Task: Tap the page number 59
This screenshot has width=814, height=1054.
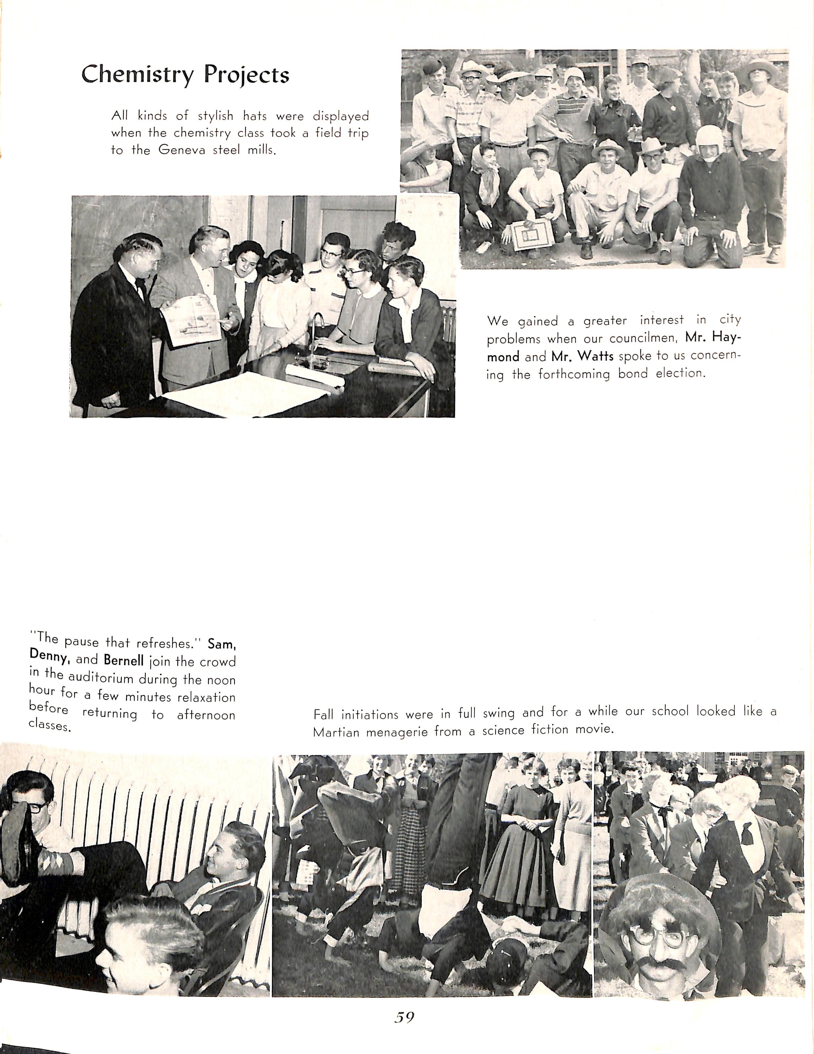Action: pos(404,1017)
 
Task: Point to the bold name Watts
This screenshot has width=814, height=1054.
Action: pos(582,356)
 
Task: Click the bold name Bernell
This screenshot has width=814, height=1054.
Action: pos(124,660)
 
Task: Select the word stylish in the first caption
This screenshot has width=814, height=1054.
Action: pos(215,116)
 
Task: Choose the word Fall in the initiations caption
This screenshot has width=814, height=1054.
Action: pos(323,714)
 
